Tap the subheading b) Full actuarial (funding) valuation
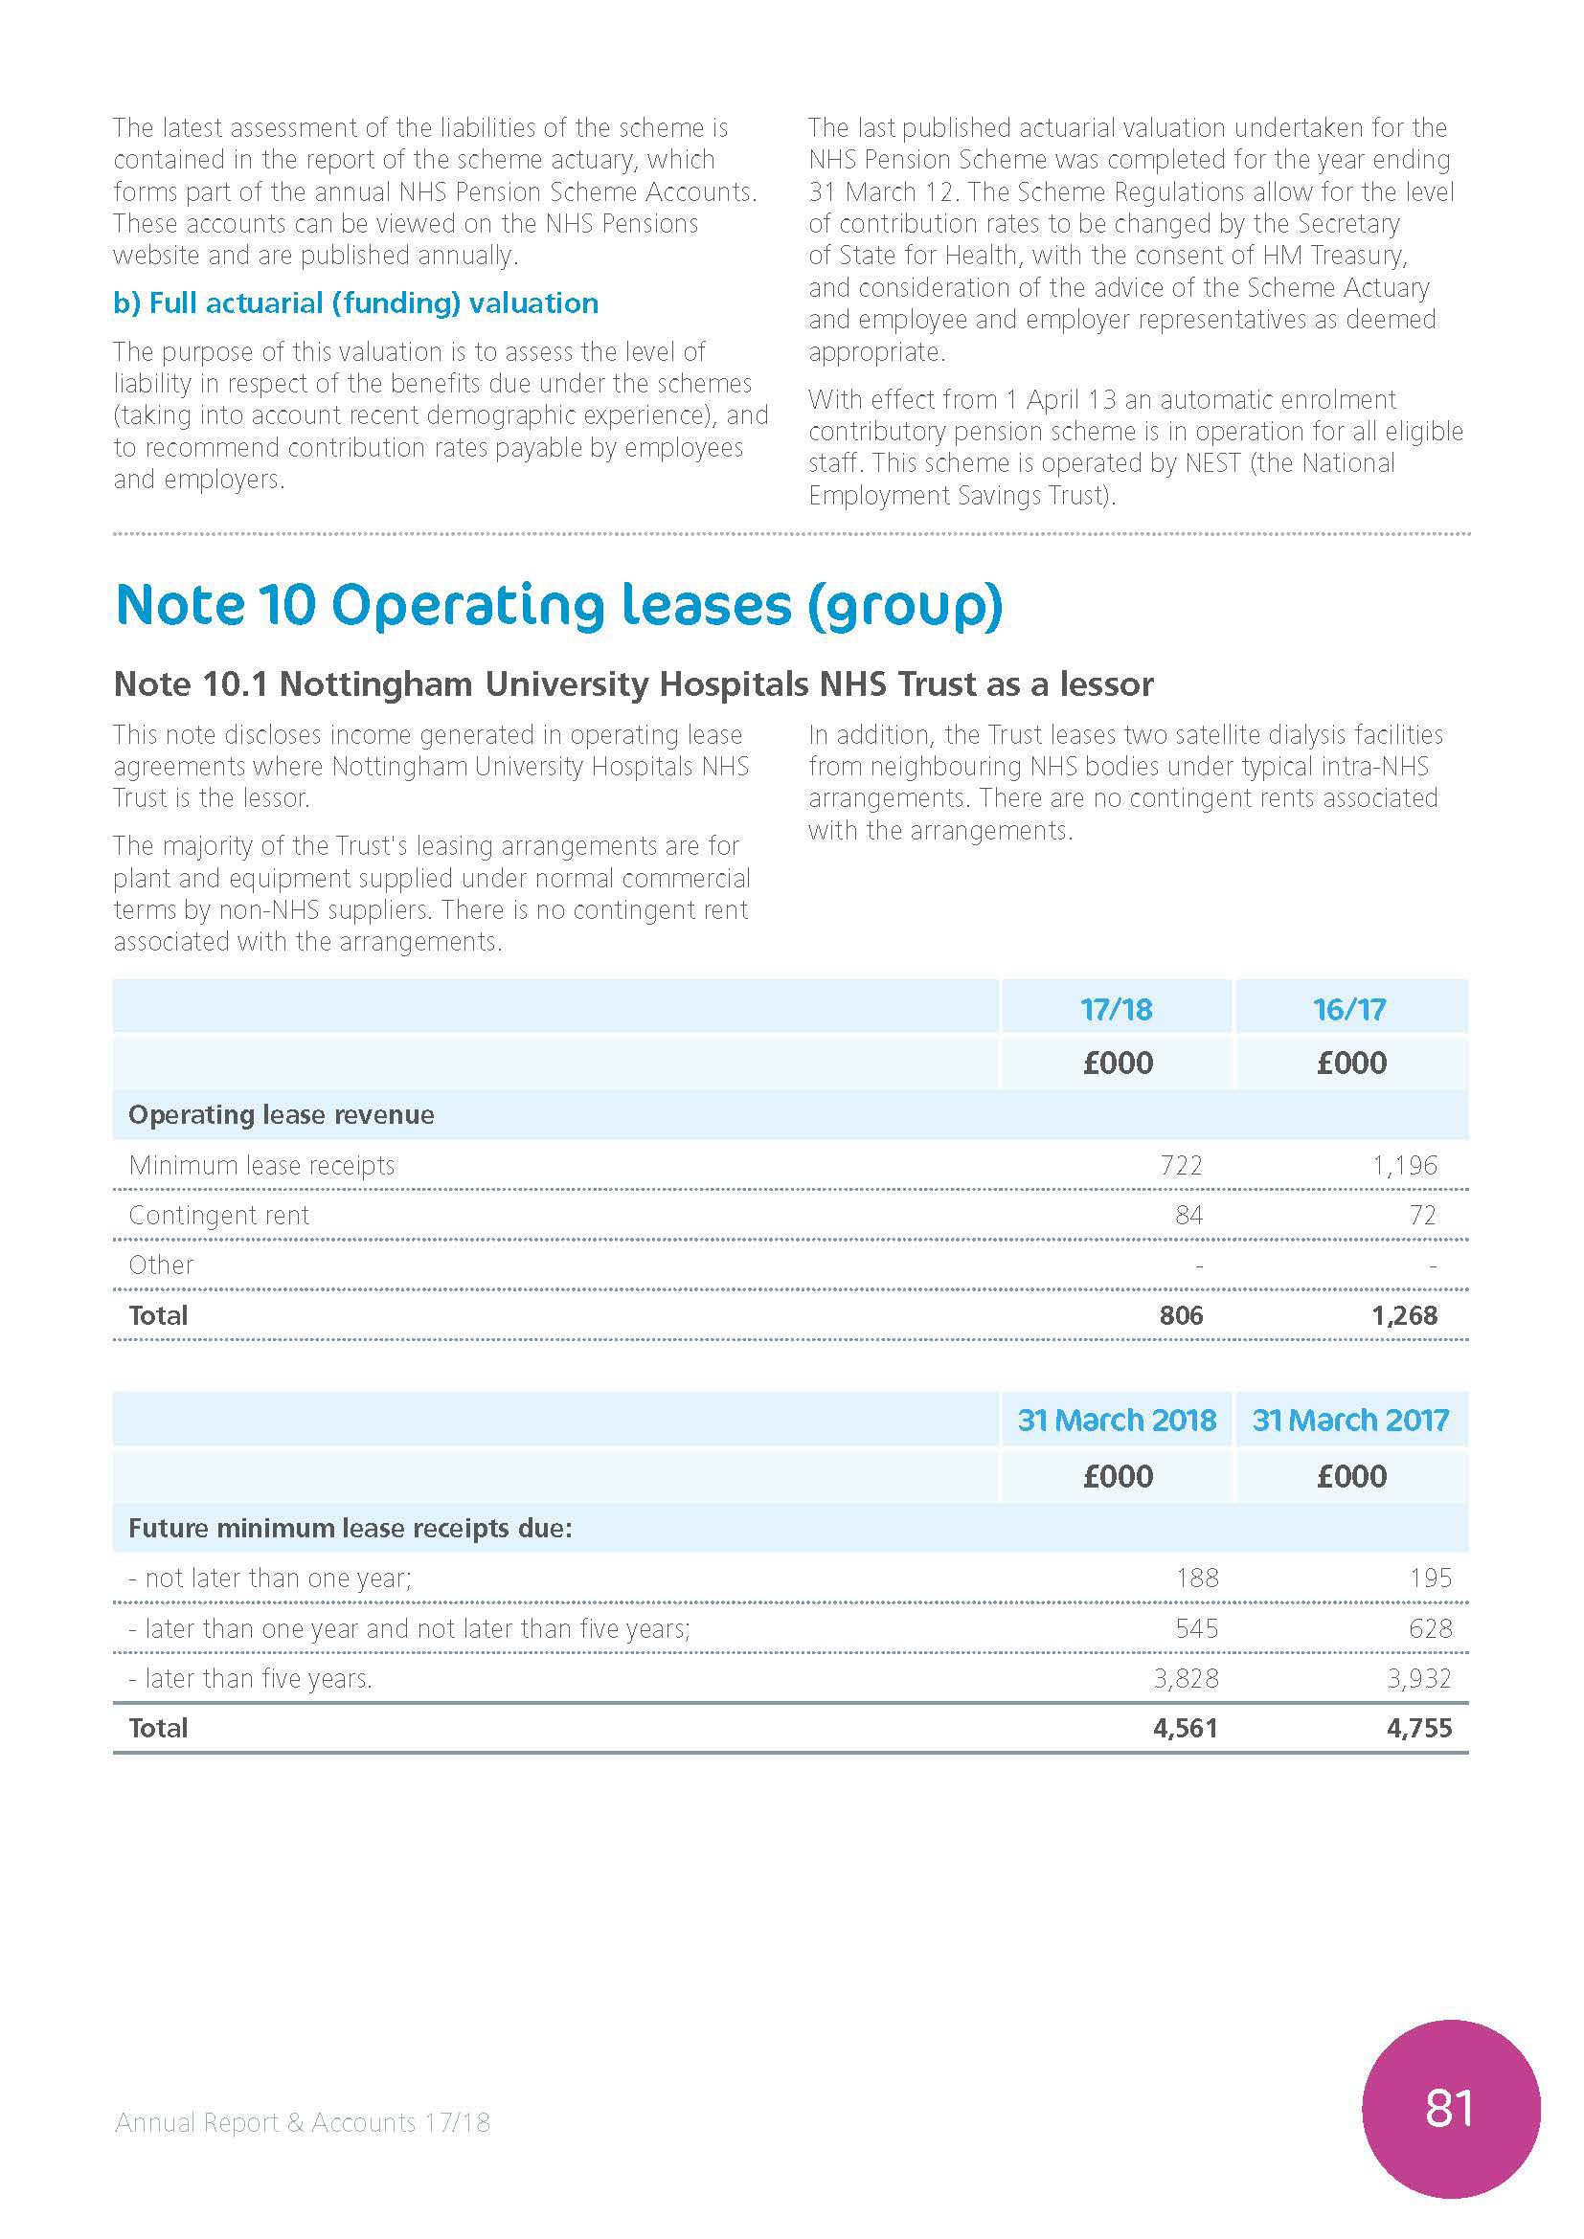(355, 303)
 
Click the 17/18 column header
(1116, 1008)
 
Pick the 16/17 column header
(1350, 1008)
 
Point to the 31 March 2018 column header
(1116, 1420)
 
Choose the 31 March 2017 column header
(1350, 1420)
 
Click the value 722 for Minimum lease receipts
(1180, 1165)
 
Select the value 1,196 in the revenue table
(1405, 1165)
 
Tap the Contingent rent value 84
(1188, 1215)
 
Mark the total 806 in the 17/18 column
(1180, 1315)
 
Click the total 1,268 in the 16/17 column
(1405, 1315)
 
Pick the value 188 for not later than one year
(1197, 1578)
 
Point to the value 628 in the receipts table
(1430, 1628)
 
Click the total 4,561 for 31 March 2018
(1185, 1729)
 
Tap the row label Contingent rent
(218, 1215)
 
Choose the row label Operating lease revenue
(281, 1114)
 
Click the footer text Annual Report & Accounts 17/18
(303, 2122)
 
